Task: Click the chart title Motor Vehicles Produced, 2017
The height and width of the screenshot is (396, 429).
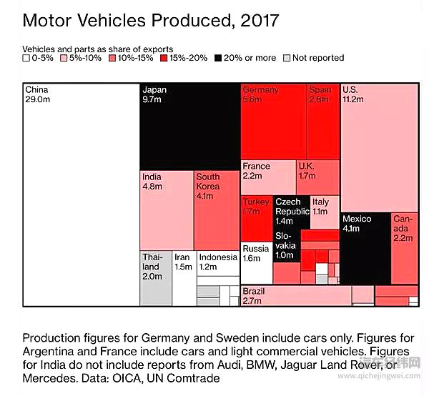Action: [x=150, y=19]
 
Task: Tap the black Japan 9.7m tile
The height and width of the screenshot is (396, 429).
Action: [x=189, y=126]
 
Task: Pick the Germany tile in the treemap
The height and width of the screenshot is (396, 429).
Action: [x=274, y=122]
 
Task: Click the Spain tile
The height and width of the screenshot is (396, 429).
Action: [x=323, y=122]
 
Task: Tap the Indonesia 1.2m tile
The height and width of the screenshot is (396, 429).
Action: [x=217, y=262]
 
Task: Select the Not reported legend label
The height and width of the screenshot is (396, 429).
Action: [x=317, y=58]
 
